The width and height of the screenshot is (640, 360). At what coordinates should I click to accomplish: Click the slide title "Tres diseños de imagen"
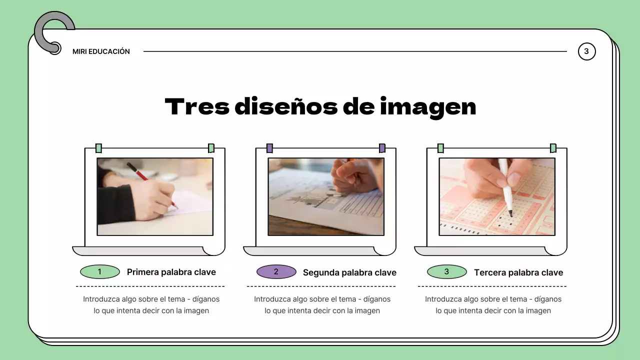coord(320,106)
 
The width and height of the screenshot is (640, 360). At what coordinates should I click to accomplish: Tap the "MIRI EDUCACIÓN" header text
coord(101,51)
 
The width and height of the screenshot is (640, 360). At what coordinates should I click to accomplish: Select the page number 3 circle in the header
coord(586,51)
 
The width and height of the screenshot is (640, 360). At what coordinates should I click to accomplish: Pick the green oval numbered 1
coord(100,272)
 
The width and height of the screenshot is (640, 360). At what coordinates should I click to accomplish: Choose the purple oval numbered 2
coord(276,272)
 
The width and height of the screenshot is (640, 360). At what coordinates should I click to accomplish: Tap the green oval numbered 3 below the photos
coord(447,272)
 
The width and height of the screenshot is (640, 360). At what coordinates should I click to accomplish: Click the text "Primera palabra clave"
coord(171,272)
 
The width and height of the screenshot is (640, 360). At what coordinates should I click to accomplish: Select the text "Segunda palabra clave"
coord(349,272)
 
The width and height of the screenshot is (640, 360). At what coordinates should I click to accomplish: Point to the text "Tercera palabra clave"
coord(518,272)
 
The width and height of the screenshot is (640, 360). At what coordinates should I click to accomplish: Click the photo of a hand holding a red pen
coord(155,196)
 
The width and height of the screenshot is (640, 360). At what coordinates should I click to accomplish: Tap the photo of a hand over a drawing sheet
coord(326,196)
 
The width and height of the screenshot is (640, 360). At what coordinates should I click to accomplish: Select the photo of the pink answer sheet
coord(497,196)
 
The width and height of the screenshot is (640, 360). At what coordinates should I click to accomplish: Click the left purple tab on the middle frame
coord(269,148)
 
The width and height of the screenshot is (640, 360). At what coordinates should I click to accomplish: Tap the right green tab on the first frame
coord(211,148)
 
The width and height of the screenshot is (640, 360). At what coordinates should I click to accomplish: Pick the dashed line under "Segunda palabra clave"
coord(321,286)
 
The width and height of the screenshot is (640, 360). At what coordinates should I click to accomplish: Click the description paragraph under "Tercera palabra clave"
coord(493,305)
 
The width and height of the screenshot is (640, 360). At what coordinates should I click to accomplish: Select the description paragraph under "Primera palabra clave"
coord(151,305)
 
